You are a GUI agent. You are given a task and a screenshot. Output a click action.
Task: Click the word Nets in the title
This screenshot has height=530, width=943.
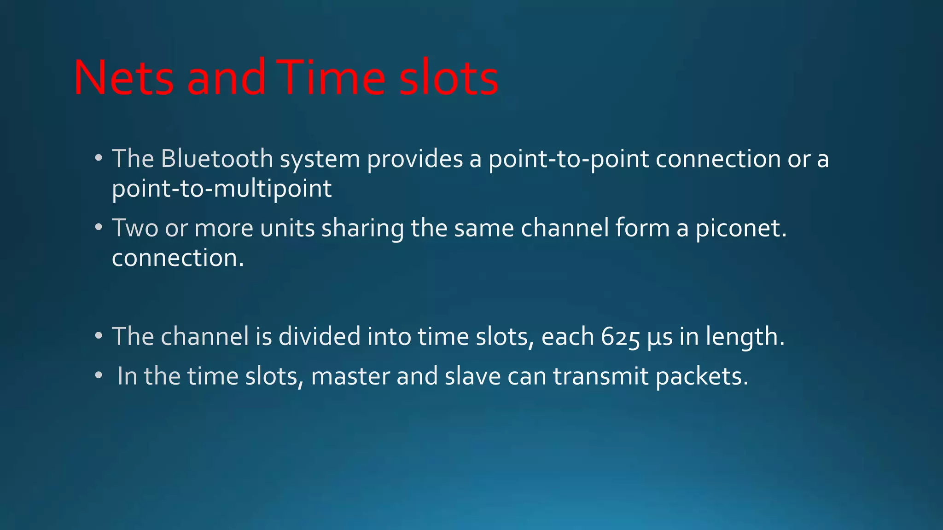(x=123, y=78)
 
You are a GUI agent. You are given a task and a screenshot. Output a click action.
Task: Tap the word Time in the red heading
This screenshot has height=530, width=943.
(x=331, y=78)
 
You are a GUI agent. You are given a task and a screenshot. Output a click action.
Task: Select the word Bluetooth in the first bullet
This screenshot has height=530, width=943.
(x=217, y=159)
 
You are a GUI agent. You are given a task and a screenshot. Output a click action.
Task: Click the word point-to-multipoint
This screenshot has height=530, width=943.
(x=221, y=189)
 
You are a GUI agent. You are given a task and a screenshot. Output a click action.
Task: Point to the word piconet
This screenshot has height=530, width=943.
(x=740, y=228)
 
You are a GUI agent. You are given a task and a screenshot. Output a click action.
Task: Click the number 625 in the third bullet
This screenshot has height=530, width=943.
(x=620, y=337)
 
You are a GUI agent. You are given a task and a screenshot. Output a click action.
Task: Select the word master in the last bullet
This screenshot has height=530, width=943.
(x=350, y=376)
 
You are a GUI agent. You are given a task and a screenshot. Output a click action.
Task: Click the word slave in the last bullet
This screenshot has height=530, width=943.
(x=472, y=376)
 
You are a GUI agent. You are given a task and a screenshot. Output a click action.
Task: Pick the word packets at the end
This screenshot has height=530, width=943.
(x=702, y=376)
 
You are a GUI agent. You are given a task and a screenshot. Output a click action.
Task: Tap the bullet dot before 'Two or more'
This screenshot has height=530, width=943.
(x=98, y=228)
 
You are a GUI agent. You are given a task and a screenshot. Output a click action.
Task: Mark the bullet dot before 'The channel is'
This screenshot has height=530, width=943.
(x=98, y=336)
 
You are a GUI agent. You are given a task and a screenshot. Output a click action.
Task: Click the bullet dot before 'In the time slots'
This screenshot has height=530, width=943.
(x=98, y=376)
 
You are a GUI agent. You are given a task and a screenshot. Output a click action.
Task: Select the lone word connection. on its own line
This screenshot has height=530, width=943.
(x=178, y=258)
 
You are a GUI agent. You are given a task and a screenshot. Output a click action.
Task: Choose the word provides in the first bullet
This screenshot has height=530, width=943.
(x=415, y=159)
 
